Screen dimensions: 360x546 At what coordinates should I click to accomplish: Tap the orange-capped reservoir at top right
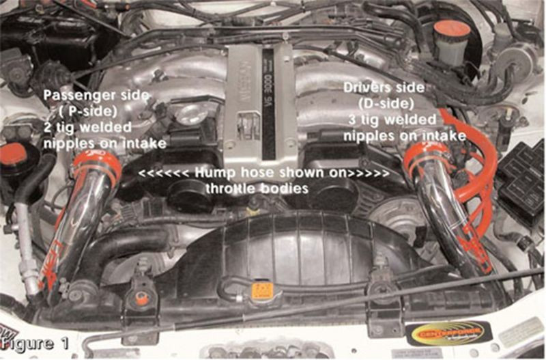(x=451, y=31)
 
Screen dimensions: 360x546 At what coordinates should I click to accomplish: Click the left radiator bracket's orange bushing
(x=142, y=298)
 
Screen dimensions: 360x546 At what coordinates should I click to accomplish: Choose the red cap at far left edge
(x=13, y=154)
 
